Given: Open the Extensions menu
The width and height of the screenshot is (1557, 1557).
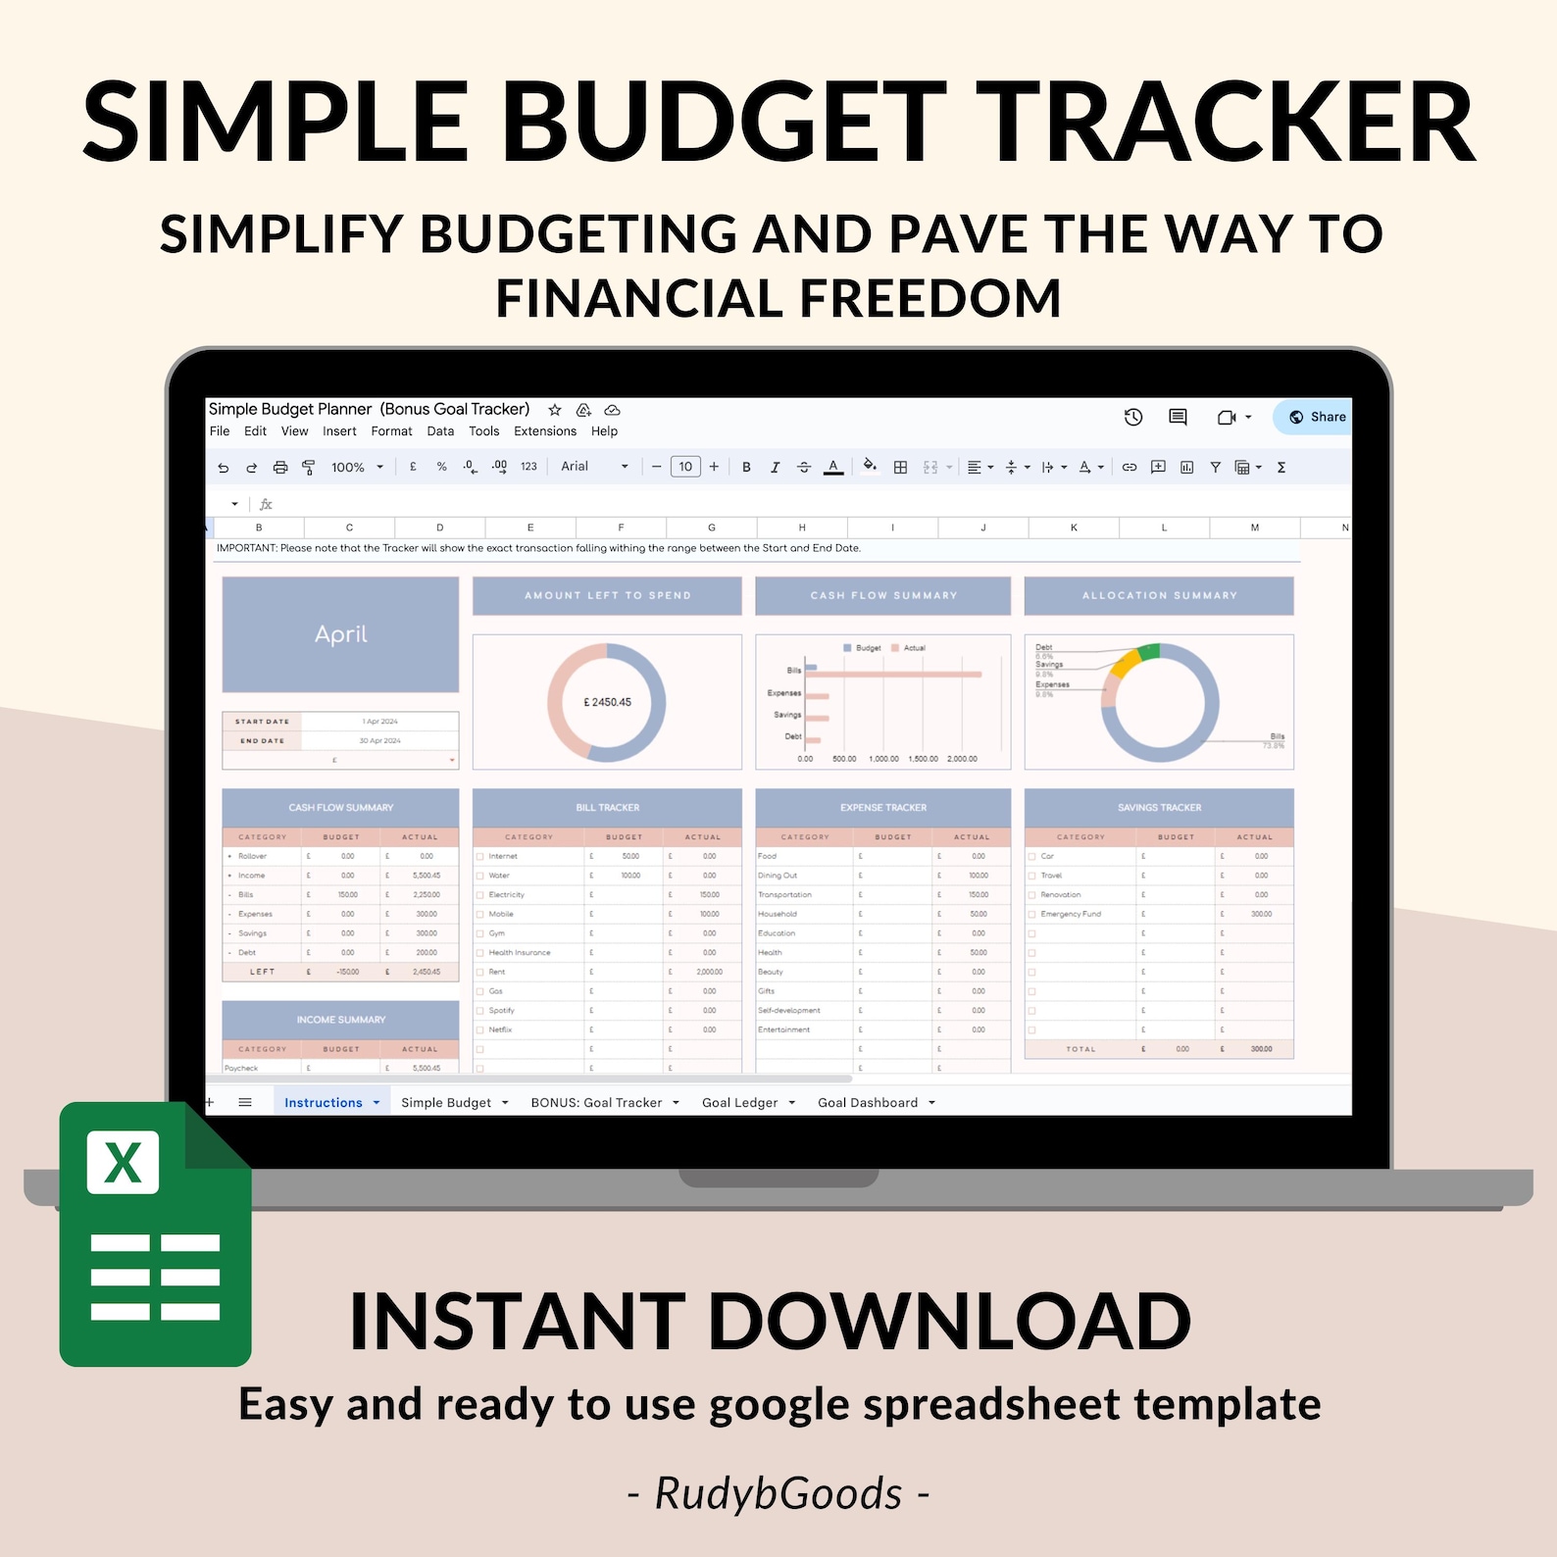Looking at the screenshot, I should (545, 431).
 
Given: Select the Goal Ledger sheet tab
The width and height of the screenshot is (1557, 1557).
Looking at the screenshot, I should (740, 1103).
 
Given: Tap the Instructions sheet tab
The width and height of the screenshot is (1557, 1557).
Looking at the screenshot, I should (324, 1103).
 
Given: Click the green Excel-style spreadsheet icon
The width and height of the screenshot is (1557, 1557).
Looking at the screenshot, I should (155, 1235).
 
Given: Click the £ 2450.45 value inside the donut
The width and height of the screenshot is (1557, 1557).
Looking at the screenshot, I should (608, 702).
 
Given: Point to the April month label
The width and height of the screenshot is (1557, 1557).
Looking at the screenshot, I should (340, 634).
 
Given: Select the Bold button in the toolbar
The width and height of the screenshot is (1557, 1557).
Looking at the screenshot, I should (746, 468).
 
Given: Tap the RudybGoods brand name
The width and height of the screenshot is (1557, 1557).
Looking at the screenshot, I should (778, 1493).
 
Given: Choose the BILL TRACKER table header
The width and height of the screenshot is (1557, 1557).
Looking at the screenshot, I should (607, 808).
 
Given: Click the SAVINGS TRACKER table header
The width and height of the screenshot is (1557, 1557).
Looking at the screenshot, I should (1159, 808).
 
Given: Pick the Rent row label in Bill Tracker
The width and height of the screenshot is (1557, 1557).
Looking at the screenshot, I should (497, 972).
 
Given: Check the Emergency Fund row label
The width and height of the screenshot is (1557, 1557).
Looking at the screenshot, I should (1071, 914).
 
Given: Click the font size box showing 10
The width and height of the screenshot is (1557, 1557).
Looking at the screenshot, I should (685, 468).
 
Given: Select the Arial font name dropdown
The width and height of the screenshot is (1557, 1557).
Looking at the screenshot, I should (593, 467).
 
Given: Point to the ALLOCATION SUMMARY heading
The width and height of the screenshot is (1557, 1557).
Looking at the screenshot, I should (1159, 595).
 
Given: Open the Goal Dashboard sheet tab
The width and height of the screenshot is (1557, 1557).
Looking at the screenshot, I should (868, 1103).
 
